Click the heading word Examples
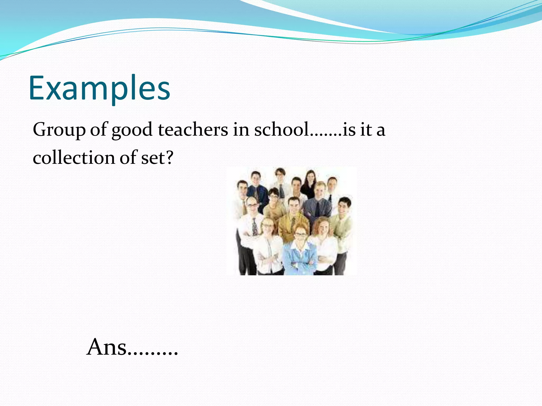pyautogui.click(x=99, y=89)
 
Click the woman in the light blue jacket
pyautogui.click(x=300, y=254)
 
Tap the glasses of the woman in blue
pyautogui.click(x=300, y=234)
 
